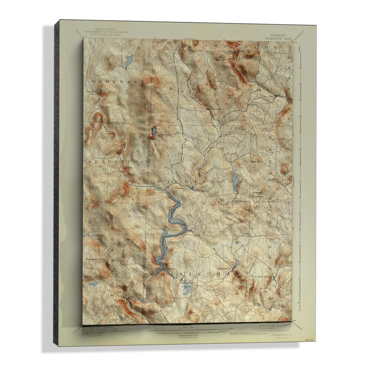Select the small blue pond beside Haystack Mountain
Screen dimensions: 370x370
pyautogui.click(x=154, y=132)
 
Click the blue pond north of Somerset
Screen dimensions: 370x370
pyautogui.click(x=129, y=60)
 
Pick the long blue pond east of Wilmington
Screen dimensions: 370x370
pyautogui.click(x=235, y=181)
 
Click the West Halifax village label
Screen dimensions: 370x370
pyautogui.click(x=264, y=277)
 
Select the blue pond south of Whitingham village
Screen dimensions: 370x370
pyautogui.click(x=186, y=288)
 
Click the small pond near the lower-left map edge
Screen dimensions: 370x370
pyautogui.click(x=93, y=284)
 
